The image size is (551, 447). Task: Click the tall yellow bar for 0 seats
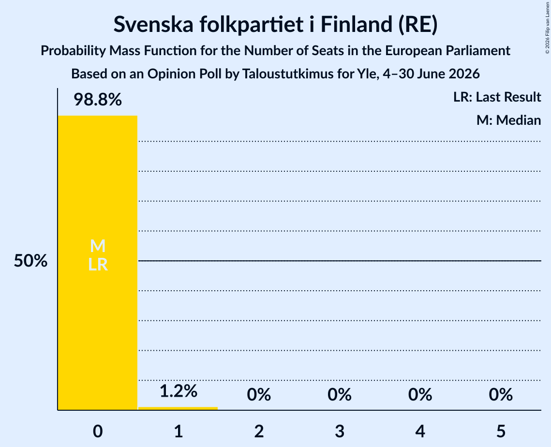coord(98,263)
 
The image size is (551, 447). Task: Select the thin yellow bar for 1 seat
coord(178,408)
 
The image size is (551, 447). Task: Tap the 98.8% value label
coord(98,100)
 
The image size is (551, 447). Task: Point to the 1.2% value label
coord(179,391)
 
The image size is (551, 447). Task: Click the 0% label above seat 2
coord(259,395)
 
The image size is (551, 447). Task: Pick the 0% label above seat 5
coord(501,395)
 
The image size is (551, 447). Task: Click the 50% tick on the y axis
coord(30,261)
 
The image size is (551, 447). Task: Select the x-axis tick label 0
coord(98,431)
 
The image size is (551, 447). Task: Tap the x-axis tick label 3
coord(340,431)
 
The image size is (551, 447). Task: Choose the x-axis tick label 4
coord(420,431)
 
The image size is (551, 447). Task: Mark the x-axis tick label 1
coord(179,431)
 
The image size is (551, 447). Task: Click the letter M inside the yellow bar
coord(98,246)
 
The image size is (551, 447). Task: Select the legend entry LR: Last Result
coord(497,97)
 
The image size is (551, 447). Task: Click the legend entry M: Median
coord(508,120)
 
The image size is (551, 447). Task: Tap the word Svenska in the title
coord(153,24)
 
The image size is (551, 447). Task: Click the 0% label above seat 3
coord(340,395)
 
